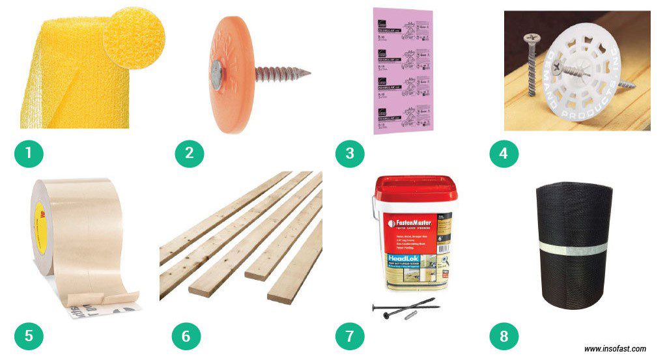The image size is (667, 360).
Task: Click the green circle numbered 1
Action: click(29, 154)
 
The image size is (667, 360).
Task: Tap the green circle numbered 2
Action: click(189, 154)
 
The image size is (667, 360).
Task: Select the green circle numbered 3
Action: click(350, 154)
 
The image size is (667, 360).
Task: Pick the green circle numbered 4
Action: click(504, 154)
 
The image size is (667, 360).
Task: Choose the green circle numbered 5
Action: click(29, 336)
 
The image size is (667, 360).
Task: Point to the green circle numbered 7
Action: click(350, 336)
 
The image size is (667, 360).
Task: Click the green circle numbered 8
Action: click(504, 336)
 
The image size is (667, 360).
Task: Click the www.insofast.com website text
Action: click(614, 349)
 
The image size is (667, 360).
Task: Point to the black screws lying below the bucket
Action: click(404, 307)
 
